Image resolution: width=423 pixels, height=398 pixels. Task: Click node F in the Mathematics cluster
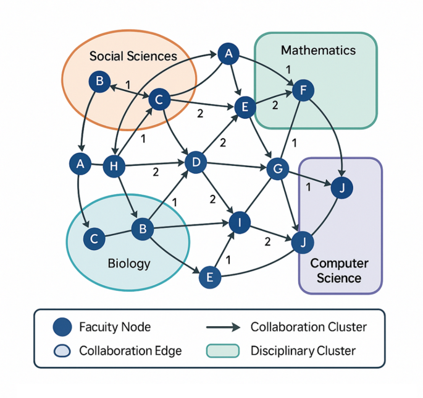[303, 90]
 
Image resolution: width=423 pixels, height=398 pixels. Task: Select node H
[114, 165]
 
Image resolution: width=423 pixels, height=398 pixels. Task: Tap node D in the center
[196, 163]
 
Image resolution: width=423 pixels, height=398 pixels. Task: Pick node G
[277, 168]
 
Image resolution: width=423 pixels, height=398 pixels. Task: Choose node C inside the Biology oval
[94, 238]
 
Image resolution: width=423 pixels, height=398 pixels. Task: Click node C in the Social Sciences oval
[159, 99]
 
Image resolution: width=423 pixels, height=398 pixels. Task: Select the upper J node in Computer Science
[341, 188]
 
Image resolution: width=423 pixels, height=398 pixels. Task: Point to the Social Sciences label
[133, 56]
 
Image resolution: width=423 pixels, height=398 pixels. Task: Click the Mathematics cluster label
[317, 50]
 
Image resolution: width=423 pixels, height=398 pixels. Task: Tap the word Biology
[129, 264]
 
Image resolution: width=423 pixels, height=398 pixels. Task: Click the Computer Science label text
[339, 270]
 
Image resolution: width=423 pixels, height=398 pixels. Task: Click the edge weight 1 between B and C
[128, 84]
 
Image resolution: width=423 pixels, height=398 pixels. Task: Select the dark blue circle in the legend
[62, 327]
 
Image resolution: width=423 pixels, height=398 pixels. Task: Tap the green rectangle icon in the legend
[222, 351]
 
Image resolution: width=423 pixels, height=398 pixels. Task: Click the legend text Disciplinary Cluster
[303, 351]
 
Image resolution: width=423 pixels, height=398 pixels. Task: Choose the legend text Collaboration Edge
[130, 351]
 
